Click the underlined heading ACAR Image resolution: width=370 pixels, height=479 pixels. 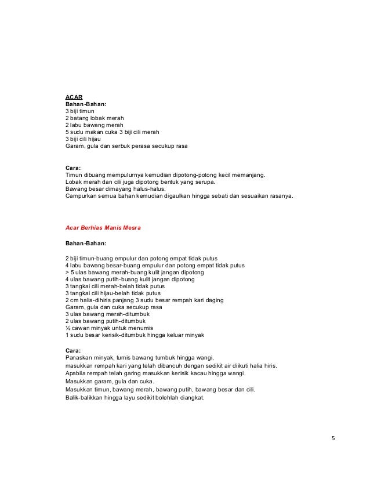pyautogui.click(x=72, y=97)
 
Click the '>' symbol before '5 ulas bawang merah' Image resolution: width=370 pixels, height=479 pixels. pyautogui.click(x=67, y=272)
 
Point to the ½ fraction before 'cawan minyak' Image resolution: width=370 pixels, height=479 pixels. pyautogui.click(x=67, y=328)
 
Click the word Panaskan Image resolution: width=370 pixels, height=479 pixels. pyautogui.click(x=81, y=358)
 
